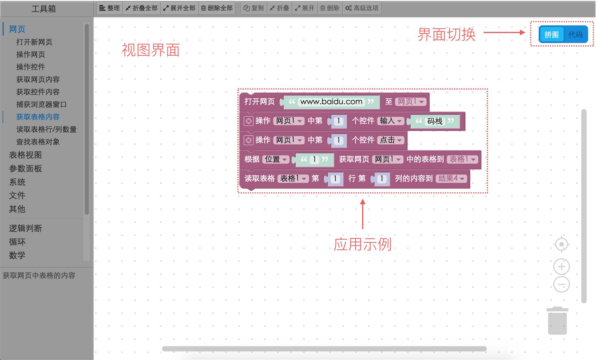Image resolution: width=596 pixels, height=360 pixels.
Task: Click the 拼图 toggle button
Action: tap(551, 35)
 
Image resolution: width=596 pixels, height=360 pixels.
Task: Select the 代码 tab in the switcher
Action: tap(575, 35)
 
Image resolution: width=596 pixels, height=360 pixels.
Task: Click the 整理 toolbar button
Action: tap(109, 8)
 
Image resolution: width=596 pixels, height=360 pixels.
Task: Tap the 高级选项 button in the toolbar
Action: tap(362, 8)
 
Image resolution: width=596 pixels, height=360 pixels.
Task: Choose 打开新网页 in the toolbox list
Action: tap(34, 42)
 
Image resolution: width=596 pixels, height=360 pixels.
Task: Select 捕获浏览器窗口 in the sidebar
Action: tap(41, 104)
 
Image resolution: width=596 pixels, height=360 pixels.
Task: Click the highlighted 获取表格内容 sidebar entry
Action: tap(38, 117)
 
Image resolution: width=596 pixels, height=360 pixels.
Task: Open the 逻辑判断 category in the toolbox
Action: tap(25, 228)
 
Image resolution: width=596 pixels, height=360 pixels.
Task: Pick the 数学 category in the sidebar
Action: tap(17, 255)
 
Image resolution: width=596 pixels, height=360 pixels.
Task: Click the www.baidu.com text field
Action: tap(331, 102)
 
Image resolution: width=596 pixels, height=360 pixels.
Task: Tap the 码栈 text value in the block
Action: tap(435, 121)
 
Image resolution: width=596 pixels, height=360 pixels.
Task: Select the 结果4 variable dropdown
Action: tap(451, 179)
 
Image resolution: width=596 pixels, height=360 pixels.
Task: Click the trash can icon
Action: tap(557, 321)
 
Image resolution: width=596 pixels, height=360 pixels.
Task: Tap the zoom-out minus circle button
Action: tap(561, 284)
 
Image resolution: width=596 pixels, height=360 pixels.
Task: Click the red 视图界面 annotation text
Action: tap(150, 50)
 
